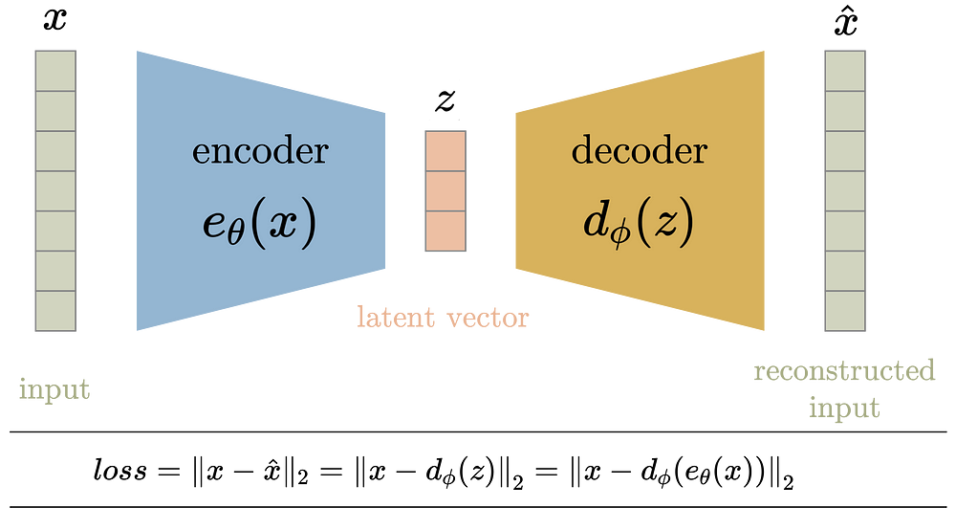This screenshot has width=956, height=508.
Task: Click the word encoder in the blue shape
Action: coord(260,150)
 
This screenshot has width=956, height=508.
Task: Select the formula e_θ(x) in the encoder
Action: coord(259,223)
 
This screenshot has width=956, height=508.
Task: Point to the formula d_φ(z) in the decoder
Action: coord(639,222)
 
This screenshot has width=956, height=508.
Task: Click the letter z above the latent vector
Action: coord(445,100)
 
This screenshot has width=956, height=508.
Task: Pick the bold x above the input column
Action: coord(54,19)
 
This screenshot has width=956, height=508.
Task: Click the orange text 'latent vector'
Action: coord(443,317)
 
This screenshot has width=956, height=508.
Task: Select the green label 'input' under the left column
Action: coord(54,389)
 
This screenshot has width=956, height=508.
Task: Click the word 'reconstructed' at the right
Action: coord(844,370)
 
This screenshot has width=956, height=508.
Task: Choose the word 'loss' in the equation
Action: coord(120,470)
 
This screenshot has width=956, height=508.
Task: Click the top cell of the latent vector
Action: coord(445,151)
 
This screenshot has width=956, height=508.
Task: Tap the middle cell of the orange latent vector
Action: coord(445,191)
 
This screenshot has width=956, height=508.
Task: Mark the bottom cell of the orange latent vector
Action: coord(445,232)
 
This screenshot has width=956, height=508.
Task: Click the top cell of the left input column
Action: coord(55,71)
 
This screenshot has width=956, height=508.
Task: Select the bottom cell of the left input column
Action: coord(55,311)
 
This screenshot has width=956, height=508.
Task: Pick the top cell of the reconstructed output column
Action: coord(845,71)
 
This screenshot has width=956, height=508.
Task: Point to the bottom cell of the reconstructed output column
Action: coord(845,311)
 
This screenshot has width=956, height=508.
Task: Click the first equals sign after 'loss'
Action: coord(169,471)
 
